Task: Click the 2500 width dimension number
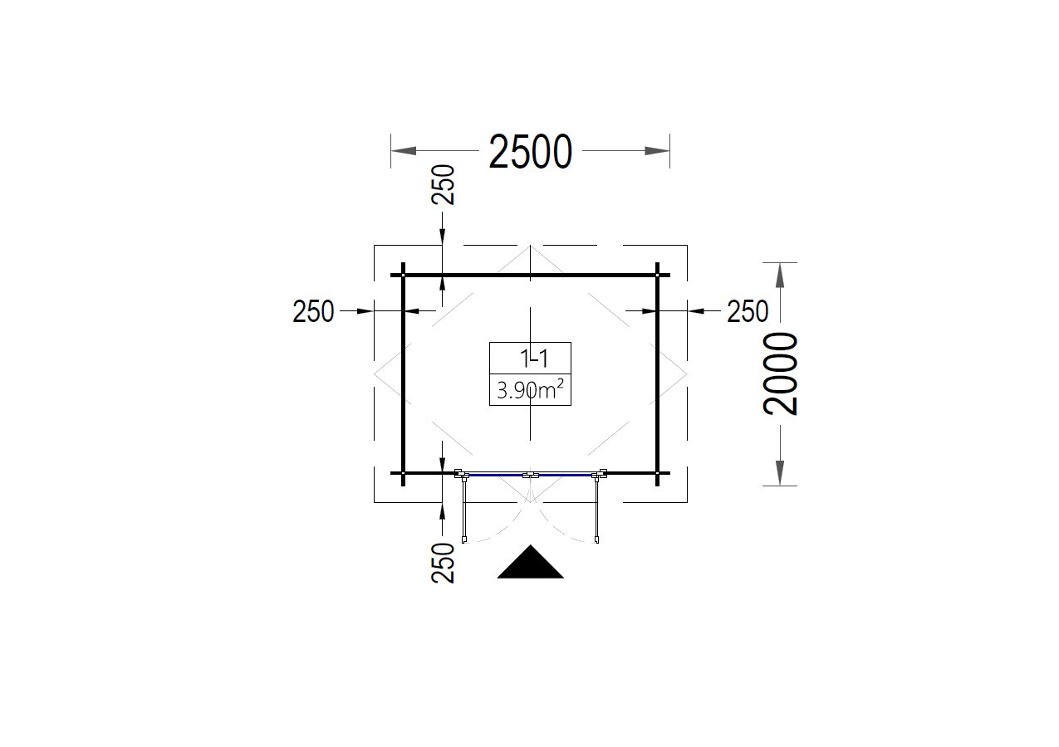[531, 151]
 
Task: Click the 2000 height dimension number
[780, 373]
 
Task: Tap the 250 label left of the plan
[313, 311]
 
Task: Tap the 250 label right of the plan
[748, 311]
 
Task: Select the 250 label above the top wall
[443, 185]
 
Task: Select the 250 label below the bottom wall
[443, 563]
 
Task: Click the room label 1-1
[534, 359]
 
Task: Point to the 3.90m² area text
[530, 390]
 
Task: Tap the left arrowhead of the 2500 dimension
[404, 151]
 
